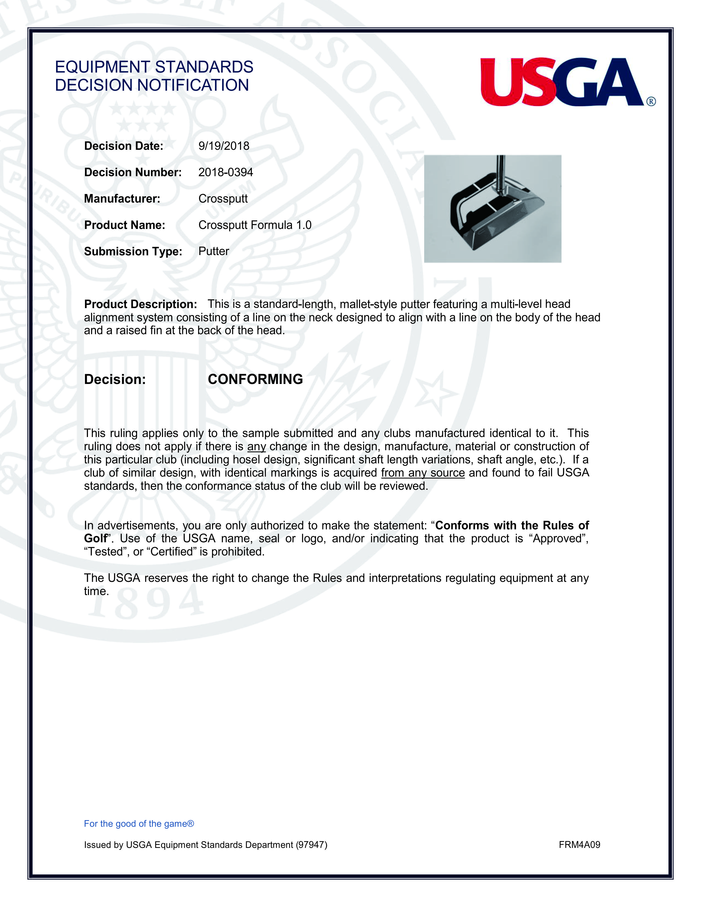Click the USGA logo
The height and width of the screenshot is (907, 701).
[563, 82]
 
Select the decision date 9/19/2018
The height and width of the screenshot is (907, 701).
[224, 146]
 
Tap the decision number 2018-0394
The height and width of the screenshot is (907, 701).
[225, 172]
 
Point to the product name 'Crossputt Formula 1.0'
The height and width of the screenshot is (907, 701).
[255, 225]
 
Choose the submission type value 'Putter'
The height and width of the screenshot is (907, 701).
[213, 251]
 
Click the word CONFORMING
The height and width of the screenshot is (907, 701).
[255, 379]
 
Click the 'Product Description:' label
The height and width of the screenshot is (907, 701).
[140, 305]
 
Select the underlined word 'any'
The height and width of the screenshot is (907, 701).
[256, 446]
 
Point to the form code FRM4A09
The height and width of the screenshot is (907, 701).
[579, 845]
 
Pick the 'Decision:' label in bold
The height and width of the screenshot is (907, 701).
[115, 379]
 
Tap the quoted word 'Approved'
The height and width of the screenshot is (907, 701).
[559, 539]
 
